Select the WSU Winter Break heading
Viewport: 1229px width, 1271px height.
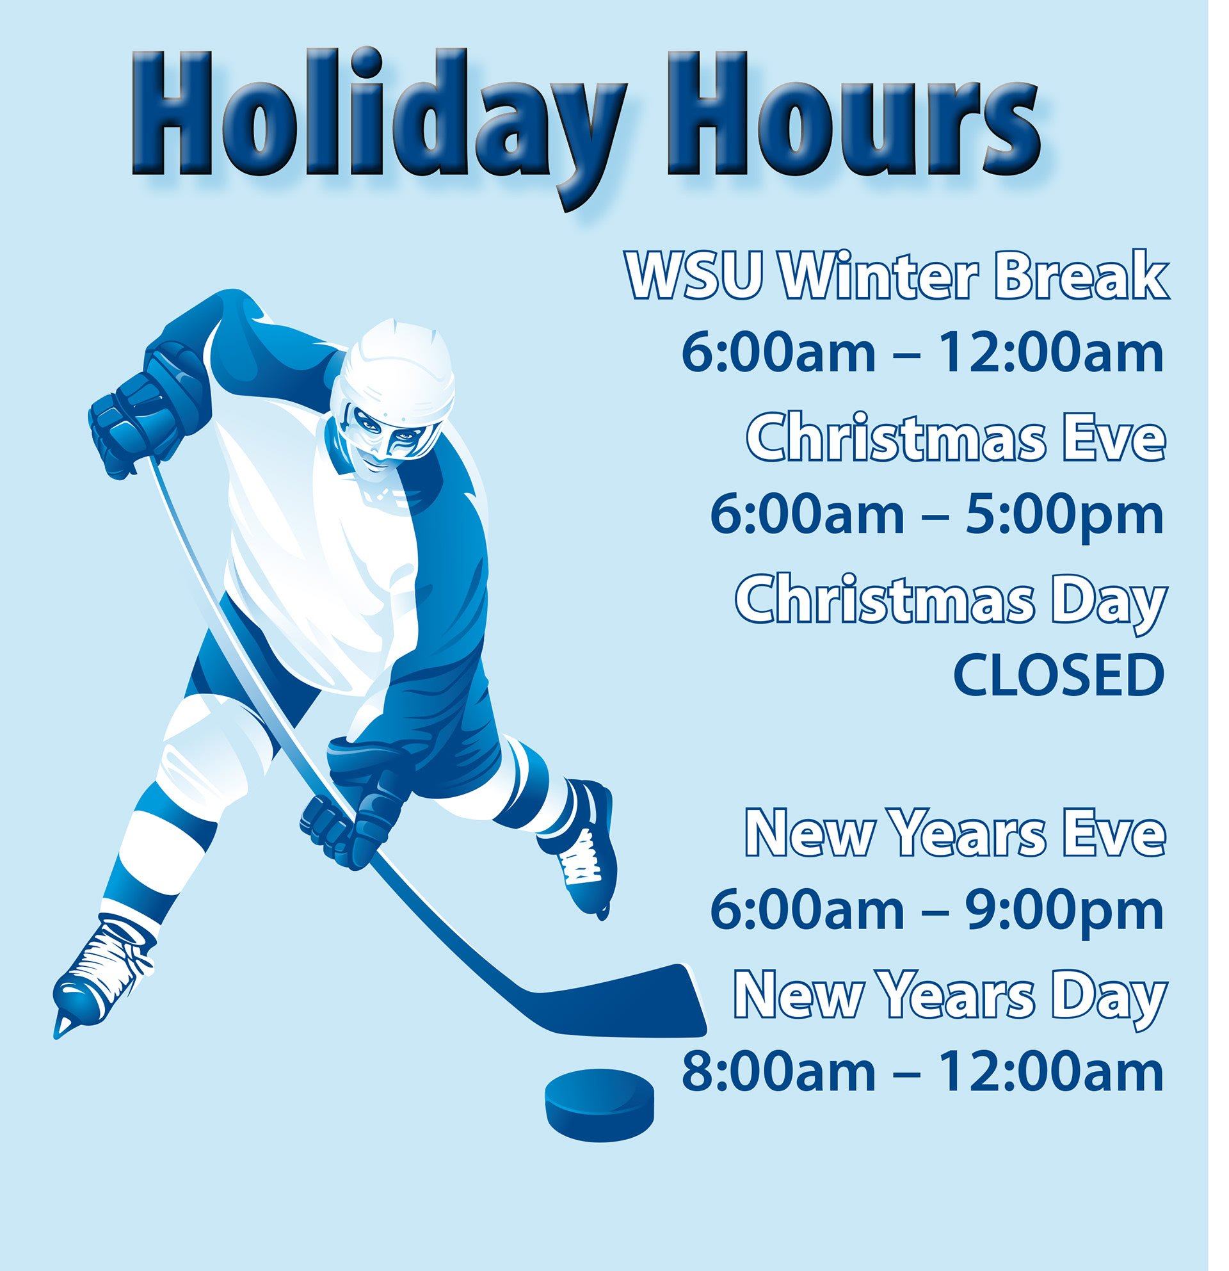(x=897, y=275)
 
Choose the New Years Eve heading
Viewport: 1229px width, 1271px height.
(x=956, y=833)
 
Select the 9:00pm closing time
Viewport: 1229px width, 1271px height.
(x=1064, y=913)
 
